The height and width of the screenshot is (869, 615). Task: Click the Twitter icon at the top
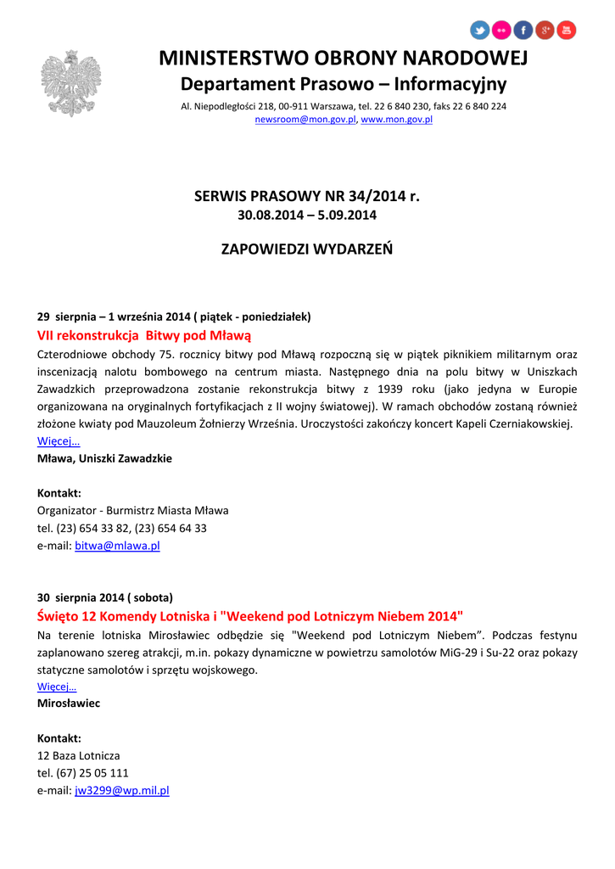tap(480, 31)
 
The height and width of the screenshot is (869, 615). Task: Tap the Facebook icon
tap(523, 31)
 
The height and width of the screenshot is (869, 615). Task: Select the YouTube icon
tap(566, 31)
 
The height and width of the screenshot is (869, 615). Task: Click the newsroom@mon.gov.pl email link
tap(305, 120)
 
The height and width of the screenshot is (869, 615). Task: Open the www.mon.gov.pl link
tap(397, 120)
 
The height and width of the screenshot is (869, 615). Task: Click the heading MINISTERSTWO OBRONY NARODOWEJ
tap(344, 59)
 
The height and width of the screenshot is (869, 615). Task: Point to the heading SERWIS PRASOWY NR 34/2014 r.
tap(307, 197)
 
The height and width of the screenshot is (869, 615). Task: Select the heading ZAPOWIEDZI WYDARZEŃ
tap(307, 249)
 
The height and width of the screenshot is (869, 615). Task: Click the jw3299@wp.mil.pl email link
tap(122, 790)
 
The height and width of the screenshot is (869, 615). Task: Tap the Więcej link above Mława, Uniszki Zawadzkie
tap(59, 441)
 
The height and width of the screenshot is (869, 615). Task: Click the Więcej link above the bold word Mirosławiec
tap(57, 687)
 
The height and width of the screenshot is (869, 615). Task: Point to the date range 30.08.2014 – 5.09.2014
tap(307, 216)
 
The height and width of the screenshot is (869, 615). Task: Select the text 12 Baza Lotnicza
tap(78, 755)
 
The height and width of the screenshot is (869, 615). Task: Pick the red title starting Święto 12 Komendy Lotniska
tap(250, 615)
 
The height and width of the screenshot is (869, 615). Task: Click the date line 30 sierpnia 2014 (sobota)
tap(105, 597)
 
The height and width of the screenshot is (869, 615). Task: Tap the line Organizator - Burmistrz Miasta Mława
tap(132, 510)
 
